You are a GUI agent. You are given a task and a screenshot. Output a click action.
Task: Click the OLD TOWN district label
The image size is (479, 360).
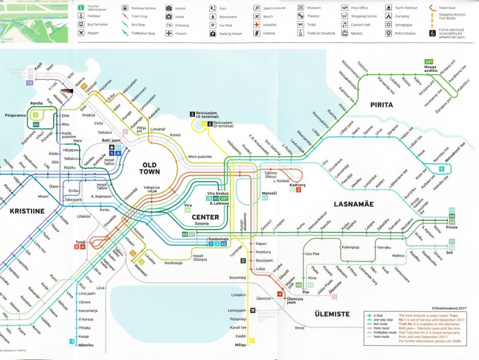point(149,168)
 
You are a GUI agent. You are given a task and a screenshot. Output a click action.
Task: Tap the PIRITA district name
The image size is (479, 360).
point(381,105)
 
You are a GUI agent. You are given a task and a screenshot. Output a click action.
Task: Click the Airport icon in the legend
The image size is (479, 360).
point(81,33)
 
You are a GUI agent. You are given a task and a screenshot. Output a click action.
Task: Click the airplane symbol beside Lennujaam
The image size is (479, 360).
point(253,310)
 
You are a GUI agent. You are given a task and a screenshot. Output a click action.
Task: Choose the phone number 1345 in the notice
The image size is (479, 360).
point(456,341)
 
